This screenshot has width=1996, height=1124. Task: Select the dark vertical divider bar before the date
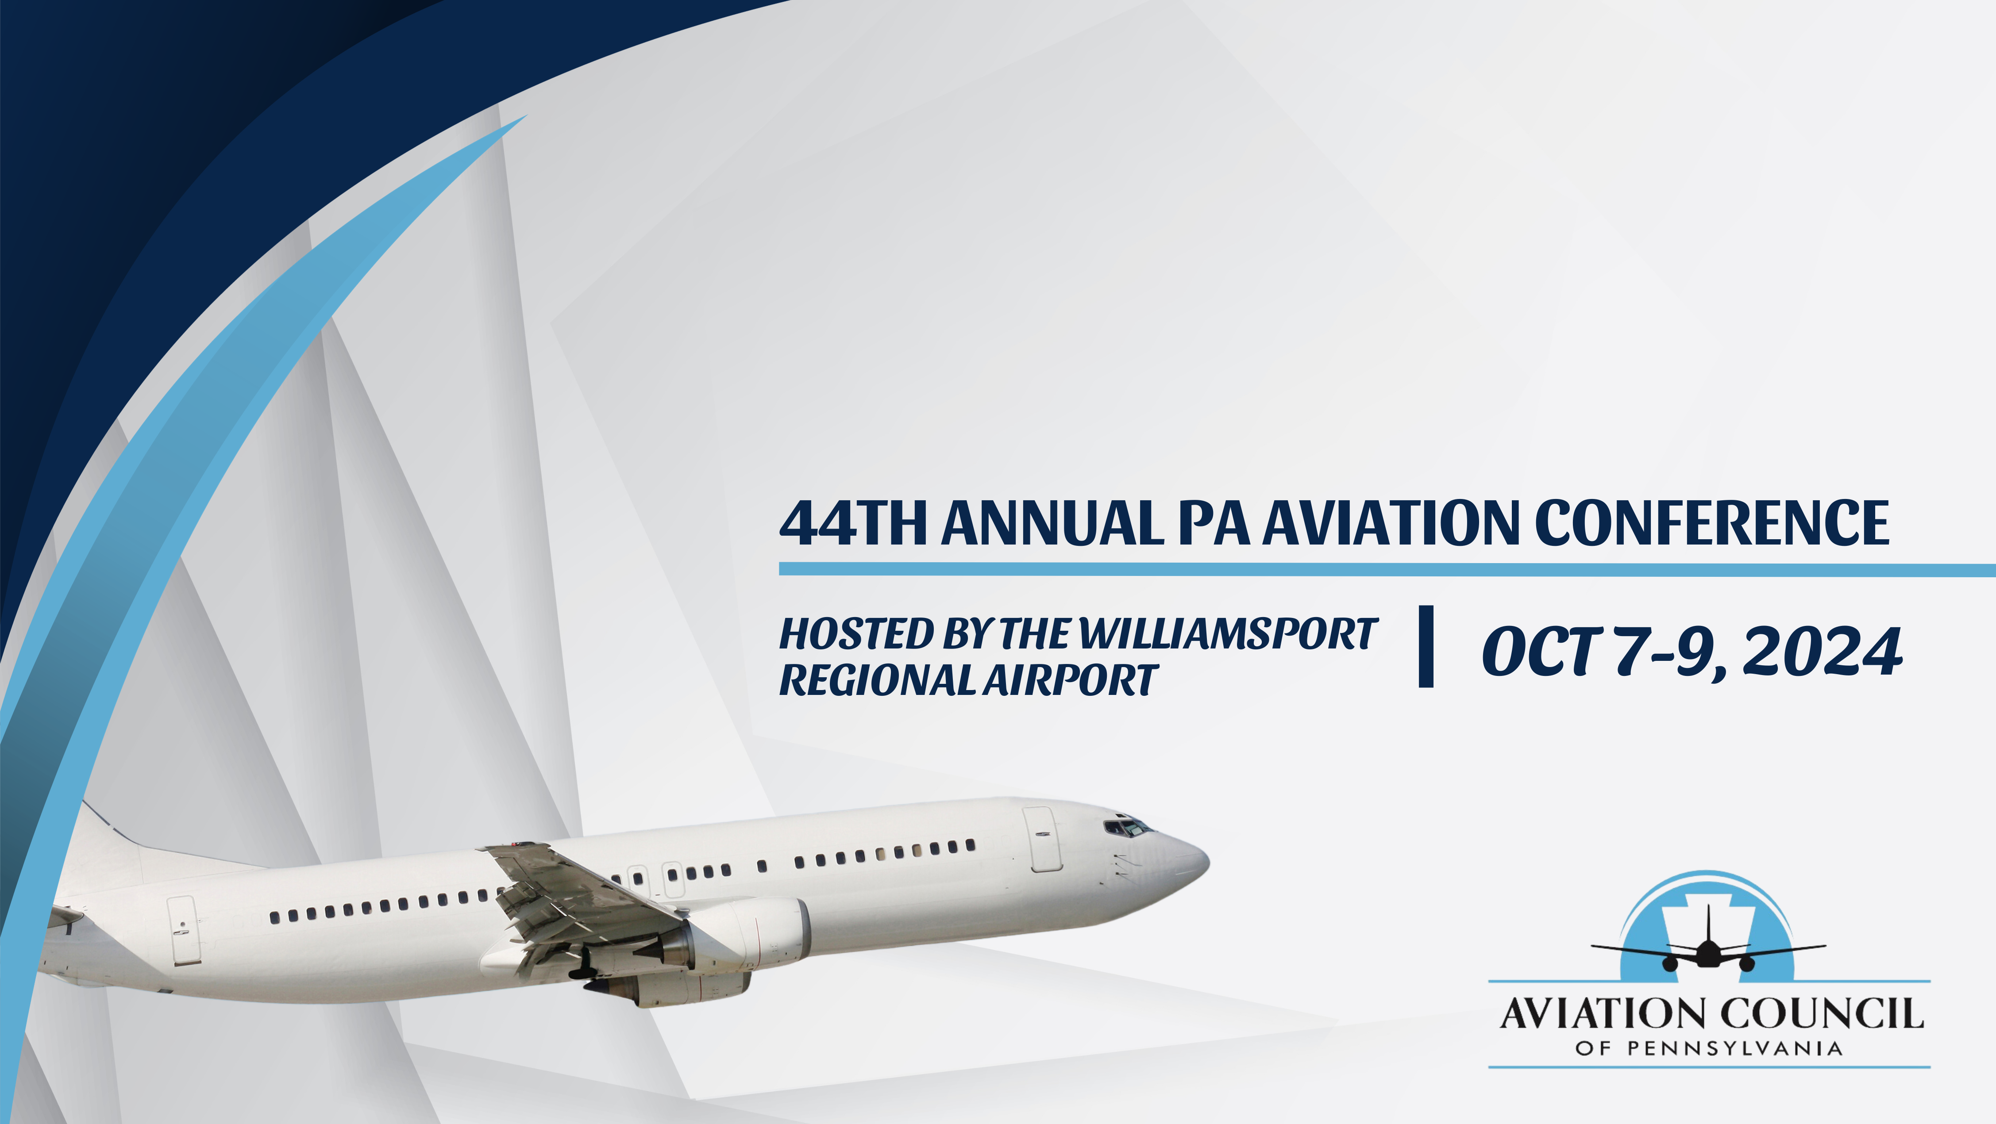tap(1426, 646)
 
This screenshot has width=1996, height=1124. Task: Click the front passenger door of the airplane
tap(1042, 839)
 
